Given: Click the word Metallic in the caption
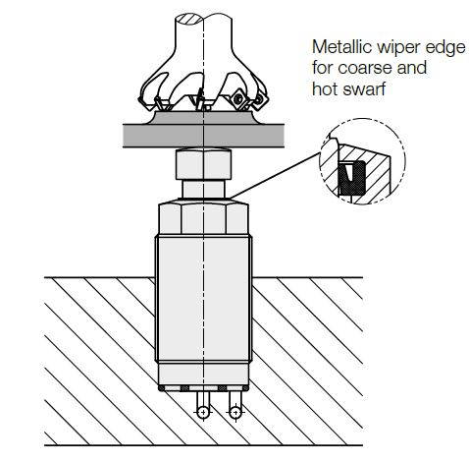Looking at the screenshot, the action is [342, 47].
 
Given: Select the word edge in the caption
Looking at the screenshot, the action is [445, 49].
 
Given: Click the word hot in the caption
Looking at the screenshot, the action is [324, 88].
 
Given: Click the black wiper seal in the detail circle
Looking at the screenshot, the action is [351, 177].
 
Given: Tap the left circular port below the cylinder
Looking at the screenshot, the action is [203, 412].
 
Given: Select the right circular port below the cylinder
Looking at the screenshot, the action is [235, 412].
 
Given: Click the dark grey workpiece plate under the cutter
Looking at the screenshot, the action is [203, 136].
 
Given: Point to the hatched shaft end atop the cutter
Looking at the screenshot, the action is [189, 19].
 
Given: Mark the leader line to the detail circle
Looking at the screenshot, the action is [275, 175].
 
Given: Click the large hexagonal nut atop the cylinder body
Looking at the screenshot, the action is [203, 217].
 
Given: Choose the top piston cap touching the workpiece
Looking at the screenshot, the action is [203, 164].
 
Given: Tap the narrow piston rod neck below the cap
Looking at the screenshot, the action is [203, 189].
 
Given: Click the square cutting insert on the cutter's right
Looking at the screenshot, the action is [237, 98].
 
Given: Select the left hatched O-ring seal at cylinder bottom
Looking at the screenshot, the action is [184, 388].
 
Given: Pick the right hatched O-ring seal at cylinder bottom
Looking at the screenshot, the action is [222, 388].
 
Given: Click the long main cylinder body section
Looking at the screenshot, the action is [203, 299].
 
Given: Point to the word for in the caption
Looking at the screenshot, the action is [323, 68].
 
